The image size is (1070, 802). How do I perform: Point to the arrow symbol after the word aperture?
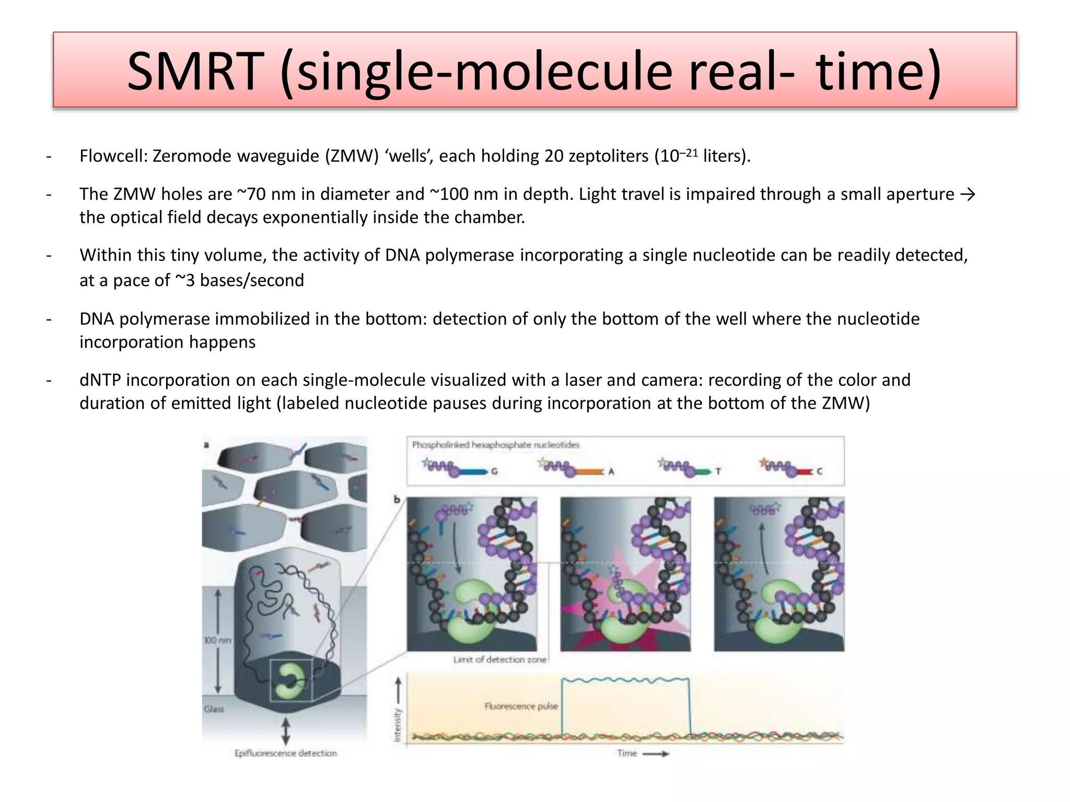[x=968, y=194]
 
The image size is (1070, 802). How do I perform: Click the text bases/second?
[x=252, y=280]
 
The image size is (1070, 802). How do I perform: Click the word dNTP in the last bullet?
[x=100, y=380]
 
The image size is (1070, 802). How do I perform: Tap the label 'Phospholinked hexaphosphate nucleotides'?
[x=495, y=445]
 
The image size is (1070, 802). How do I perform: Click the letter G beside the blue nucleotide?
[x=494, y=471]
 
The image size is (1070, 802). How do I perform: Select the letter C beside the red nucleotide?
[x=819, y=471]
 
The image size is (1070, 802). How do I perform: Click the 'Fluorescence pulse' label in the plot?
[x=521, y=706]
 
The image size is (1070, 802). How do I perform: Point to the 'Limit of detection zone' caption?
[x=499, y=660]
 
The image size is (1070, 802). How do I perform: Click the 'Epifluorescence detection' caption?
[x=285, y=753]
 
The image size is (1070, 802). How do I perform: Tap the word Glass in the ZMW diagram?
[x=214, y=709]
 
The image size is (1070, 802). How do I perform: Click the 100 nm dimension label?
[x=217, y=640]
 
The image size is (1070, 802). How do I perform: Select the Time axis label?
[x=627, y=753]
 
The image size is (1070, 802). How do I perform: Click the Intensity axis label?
[x=398, y=725]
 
